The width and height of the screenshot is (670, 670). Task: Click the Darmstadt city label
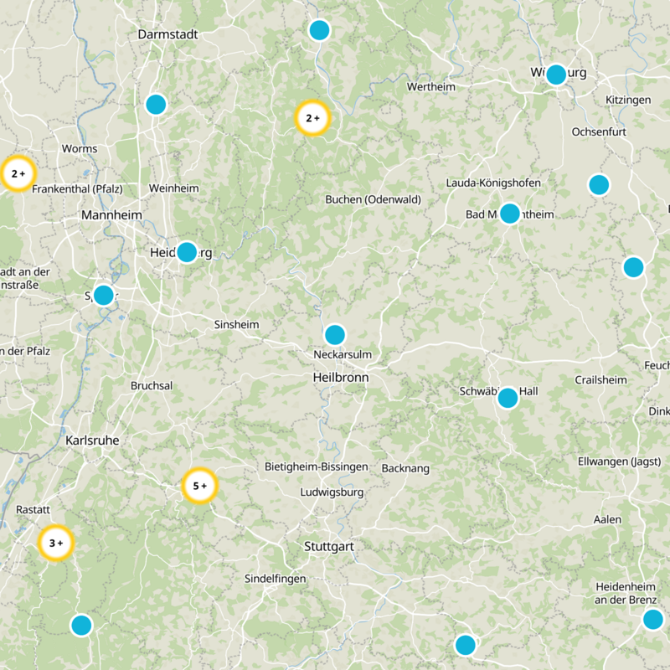coord(167,35)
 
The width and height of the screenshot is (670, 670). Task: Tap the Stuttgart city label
coord(328,546)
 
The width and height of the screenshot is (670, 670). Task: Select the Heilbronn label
coord(339,378)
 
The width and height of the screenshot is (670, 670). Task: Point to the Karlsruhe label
coord(92,440)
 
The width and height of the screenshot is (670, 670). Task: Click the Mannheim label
coord(111,215)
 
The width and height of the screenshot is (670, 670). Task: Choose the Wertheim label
coord(430,87)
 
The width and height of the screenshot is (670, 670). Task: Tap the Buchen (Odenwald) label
coord(373,199)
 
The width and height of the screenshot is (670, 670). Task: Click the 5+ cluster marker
coord(200,486)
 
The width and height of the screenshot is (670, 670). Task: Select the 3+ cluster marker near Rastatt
coord(57,543)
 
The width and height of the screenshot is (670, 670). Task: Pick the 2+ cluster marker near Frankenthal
coord(18,174)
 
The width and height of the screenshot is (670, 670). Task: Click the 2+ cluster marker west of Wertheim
coord(313,118)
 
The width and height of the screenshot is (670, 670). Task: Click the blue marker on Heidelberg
coord(187,251)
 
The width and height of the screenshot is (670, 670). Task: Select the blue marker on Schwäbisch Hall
coord(508,398)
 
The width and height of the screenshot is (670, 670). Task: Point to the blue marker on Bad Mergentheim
coord(509,213)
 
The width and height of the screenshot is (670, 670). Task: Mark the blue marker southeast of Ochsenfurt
coord(598,184)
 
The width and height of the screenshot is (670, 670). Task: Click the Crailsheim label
coord(600,380)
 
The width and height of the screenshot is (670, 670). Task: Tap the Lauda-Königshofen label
coord(493,183)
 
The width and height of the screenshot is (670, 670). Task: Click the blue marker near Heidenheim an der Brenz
coord(652,620)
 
